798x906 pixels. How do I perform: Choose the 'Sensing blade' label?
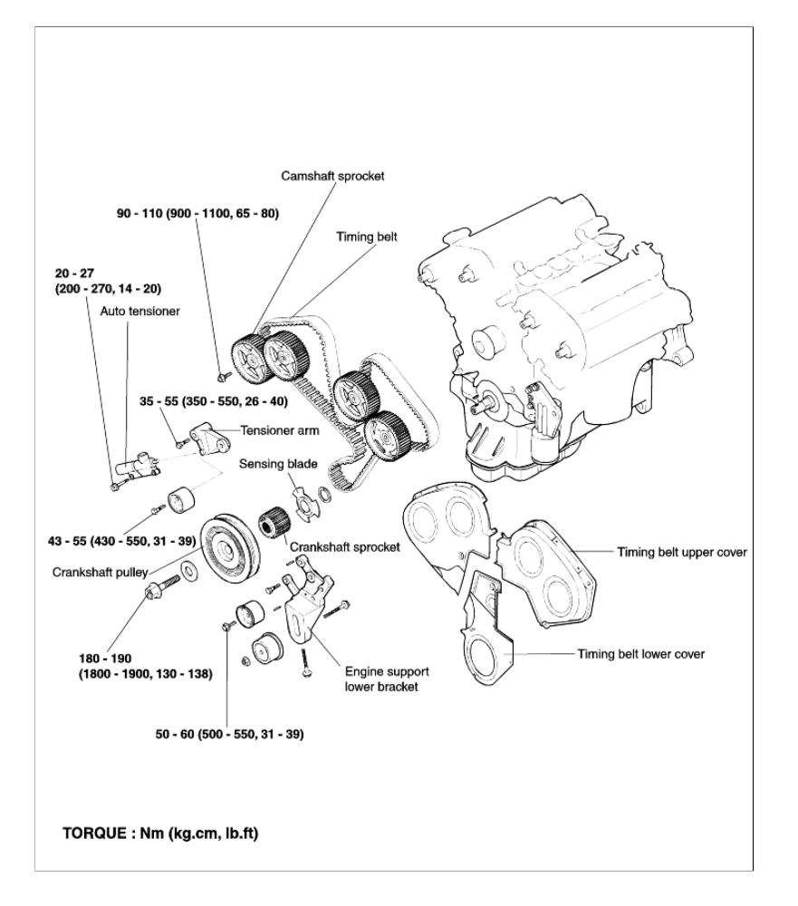click(x=271, y=463)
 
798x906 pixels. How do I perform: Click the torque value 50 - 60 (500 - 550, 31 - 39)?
click(x=229, y=734)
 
